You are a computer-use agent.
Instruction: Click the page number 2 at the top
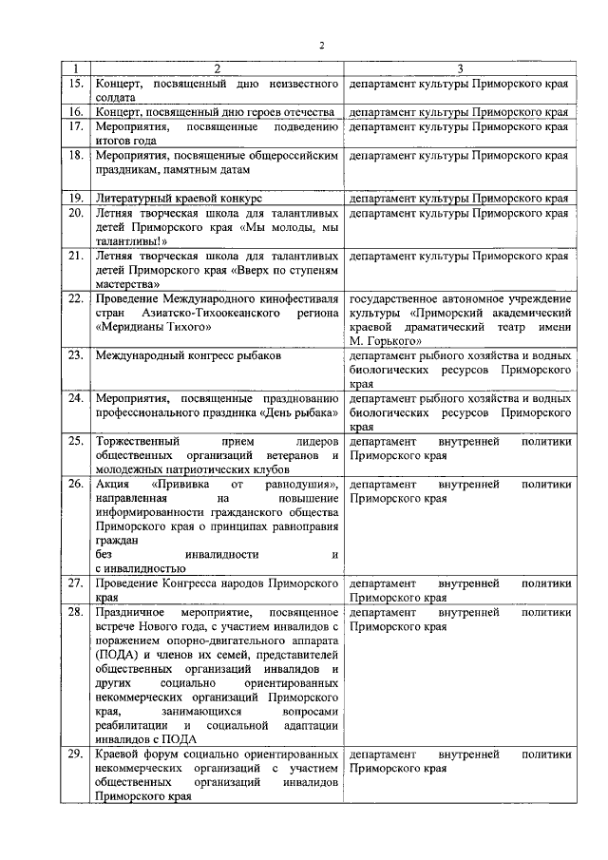[322, 46]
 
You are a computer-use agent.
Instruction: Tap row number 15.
[76, 84]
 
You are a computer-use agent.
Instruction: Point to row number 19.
[76, 198]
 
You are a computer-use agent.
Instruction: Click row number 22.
[76, 298]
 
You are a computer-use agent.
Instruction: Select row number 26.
[76, 484]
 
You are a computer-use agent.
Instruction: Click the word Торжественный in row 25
[140, 441]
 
